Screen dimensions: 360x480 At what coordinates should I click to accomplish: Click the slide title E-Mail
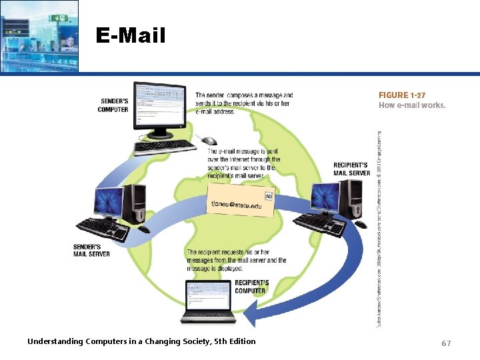(x=130, y=35)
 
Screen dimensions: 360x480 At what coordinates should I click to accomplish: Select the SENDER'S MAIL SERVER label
(x=91, y=250)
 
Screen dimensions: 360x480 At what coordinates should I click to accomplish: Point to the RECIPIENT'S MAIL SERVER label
(x=351, y=169)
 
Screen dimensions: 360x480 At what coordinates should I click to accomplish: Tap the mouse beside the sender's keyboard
(x=209, y=141)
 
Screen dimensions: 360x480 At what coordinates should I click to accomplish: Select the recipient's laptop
(x=209, y=301)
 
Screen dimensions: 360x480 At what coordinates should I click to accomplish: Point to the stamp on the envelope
(x=269, y=197)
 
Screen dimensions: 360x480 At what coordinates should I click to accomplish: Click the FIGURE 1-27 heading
(x=403, y=95)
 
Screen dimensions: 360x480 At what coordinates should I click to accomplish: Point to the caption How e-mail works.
(x=412, y=105)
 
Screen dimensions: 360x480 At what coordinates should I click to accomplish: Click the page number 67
(x=446, y=343)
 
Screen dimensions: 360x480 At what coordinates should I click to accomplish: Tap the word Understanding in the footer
(x=55, y=341)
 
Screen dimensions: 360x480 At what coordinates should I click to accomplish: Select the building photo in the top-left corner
(x=39, y=35)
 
